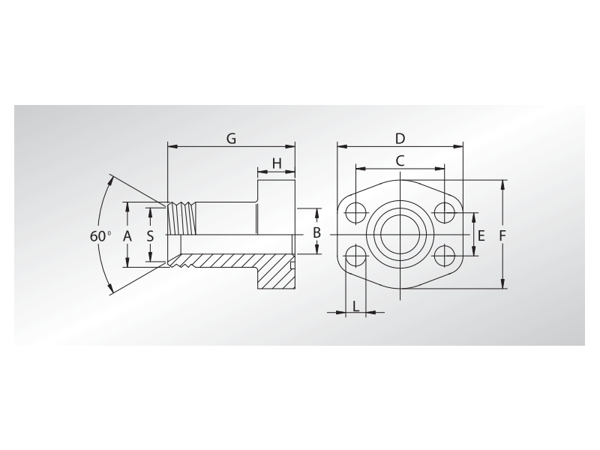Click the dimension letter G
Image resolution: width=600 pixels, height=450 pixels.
(x=231, y=139)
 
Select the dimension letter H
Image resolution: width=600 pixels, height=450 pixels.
(x=277, y=163)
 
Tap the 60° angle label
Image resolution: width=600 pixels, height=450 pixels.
(x=99, y=235)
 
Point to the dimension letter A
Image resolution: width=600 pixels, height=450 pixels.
(x=127, y=235)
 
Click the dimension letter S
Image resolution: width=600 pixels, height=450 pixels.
(x=151, y=235)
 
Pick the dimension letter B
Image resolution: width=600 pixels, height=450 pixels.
(x=317, y=233)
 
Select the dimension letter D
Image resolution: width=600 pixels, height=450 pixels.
(x=400, y=139)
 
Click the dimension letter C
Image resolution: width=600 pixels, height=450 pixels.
(x=400, y=160)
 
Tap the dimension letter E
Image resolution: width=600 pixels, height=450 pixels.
(x=481, y=235)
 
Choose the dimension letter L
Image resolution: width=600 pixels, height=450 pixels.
(x=355, y=306)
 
